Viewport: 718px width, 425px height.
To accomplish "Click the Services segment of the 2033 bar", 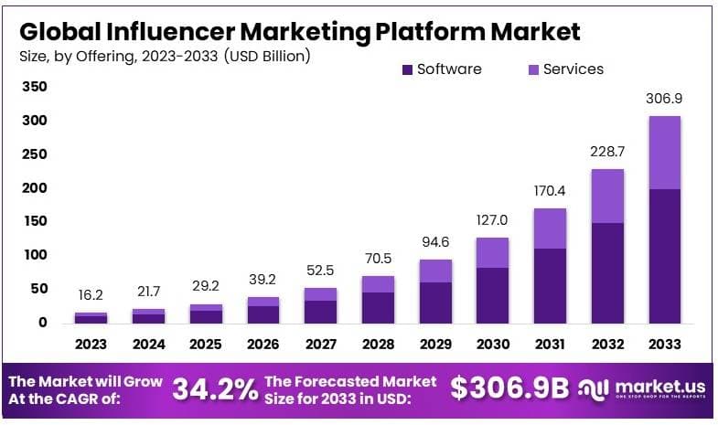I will click(x=664, y=153).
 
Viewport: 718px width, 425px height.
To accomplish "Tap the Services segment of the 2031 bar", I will click(x=550, y=228).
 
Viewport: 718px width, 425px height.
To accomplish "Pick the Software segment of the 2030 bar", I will click(x=492, y=294).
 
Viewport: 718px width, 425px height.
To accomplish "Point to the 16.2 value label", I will click(x=91, y=297).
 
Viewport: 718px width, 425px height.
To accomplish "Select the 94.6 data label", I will click(x=434, y=243).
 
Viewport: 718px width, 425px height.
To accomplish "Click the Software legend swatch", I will click(x=407, y=69).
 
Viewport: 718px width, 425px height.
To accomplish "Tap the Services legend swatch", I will click(x=533, y=69).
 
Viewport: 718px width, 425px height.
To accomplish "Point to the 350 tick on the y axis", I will click(x=35, y=87).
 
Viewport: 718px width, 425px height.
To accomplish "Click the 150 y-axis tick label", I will click(x=35, y=221).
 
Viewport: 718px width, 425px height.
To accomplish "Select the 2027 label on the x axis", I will click(x=320, y=345).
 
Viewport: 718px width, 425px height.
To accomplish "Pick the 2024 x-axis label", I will click(x=147, y=345).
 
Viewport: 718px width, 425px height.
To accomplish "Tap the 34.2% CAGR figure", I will click(x=215, y=389).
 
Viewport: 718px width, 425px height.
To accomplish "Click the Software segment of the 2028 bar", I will click(x=377, y=307).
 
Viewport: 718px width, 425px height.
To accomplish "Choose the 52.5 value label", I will click(x=320, y=271).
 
